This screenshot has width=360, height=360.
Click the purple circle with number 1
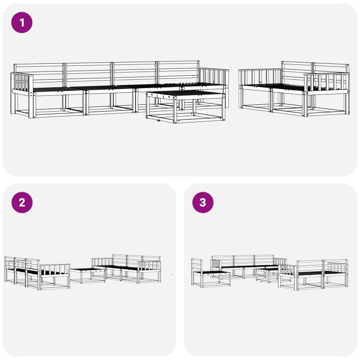(22, 22)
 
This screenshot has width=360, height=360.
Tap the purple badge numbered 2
(22, 202)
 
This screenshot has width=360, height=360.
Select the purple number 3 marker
(203, 202)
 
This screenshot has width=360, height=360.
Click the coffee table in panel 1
(185, 107)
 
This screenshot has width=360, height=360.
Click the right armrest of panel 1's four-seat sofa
(215, 87)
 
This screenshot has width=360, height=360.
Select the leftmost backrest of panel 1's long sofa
(39, 75)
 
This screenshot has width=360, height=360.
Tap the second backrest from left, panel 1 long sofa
(89, 74)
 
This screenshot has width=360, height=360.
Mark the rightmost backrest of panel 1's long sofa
(178, 72)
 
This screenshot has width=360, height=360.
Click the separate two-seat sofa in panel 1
(294, 89)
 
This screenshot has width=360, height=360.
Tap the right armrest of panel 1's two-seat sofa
(327, 94)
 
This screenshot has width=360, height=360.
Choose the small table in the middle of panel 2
(88, 276)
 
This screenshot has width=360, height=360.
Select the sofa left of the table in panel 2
(37, 273)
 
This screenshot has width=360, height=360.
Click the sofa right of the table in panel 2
(126, 269)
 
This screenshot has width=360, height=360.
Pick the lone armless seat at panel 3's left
(211, 273)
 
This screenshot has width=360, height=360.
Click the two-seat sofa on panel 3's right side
(313, 274)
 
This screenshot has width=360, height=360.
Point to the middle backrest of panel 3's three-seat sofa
(244, 261)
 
